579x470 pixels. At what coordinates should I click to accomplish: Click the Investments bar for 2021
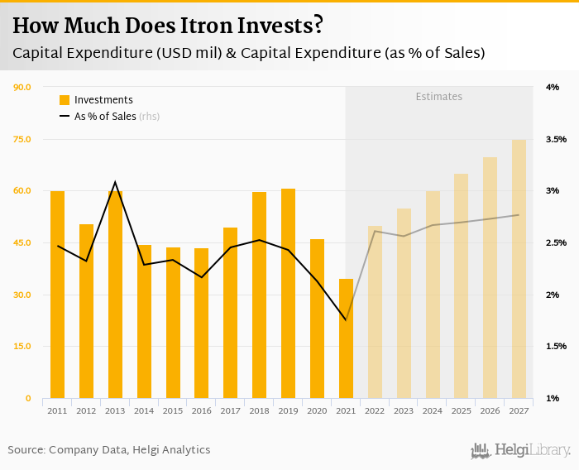coord(346,338)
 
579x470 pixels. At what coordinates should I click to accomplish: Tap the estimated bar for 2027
coord(519,269)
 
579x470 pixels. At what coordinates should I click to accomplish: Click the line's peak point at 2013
coord(115,182)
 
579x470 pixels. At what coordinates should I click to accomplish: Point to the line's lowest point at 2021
coord(346,320)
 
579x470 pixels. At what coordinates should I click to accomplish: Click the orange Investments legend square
coord(65,100)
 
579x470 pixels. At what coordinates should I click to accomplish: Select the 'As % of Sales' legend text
coord(105,117)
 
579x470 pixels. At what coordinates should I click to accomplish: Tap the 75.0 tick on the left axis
coord(22,139)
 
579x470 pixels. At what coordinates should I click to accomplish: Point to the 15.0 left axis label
coord(22,347)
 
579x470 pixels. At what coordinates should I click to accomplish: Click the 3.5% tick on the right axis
coord(556,139)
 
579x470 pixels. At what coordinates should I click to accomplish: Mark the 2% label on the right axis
coord(552,295)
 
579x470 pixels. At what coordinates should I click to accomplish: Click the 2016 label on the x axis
coord(201,410)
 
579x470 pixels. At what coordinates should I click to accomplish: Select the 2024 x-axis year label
coord(432,410)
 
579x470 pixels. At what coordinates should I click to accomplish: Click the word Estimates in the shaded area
coord(438,97)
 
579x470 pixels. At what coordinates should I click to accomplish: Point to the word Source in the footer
coord(26,450)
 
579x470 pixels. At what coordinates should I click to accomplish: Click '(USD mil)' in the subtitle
coord(184,53)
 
